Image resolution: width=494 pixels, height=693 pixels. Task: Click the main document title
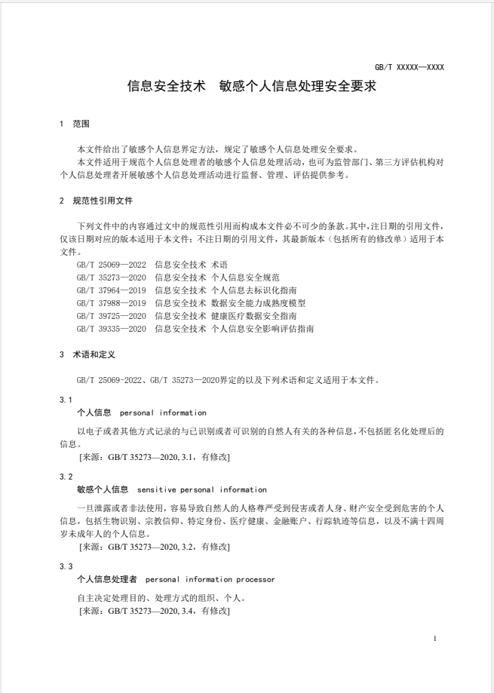[252, 87]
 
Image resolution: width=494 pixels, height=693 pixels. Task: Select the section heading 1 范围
[75, 124]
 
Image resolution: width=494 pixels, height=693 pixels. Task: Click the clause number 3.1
[66, 398]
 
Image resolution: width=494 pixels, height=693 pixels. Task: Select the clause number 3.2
[66, 477]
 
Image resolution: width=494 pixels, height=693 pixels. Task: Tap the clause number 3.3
[66, 566]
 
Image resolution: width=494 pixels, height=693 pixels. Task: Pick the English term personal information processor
[210, 579]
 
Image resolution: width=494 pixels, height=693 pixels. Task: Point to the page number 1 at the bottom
[435, 639]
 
